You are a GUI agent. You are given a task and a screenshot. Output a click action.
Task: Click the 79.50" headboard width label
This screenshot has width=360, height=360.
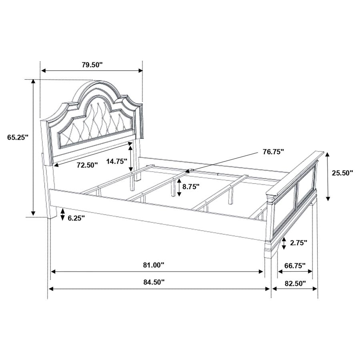click(92, 64)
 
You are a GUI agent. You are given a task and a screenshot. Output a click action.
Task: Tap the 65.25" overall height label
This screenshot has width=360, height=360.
click(18, 137)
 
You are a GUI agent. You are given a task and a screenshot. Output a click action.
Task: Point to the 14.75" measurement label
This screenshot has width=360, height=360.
click(117, 161)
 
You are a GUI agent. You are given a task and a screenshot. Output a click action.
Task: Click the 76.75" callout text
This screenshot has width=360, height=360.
click(273, 152)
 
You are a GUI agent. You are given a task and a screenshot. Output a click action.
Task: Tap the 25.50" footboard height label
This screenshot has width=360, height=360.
click(342, 173)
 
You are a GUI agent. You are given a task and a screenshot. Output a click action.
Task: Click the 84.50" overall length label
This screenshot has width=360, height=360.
click(154, 282)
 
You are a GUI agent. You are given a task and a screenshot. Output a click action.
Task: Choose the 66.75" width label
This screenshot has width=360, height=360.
click(295, 265)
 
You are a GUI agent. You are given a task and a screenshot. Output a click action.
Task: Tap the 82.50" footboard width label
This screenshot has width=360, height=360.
click(295, 283)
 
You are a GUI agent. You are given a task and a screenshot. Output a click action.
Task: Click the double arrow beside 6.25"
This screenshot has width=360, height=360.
click(62, 215)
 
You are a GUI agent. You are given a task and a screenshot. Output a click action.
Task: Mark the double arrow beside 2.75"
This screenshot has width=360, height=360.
click(284, 243)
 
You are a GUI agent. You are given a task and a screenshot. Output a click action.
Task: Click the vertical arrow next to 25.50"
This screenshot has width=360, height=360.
click(328, 176)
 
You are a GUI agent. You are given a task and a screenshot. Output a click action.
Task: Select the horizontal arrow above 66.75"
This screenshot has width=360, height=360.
click(295, 272)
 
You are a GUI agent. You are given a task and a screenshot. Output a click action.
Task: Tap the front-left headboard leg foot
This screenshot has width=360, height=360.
click(52, 214)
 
